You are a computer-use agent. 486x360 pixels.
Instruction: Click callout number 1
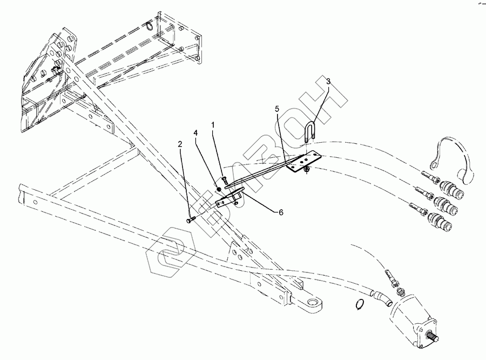click(x=213, y=125)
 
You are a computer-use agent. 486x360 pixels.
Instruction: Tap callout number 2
click(x=181, y=144)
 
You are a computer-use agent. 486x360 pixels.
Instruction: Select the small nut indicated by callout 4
click(x=217, y=189)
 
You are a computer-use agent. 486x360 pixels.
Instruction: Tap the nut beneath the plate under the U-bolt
click(x=307, y=170)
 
